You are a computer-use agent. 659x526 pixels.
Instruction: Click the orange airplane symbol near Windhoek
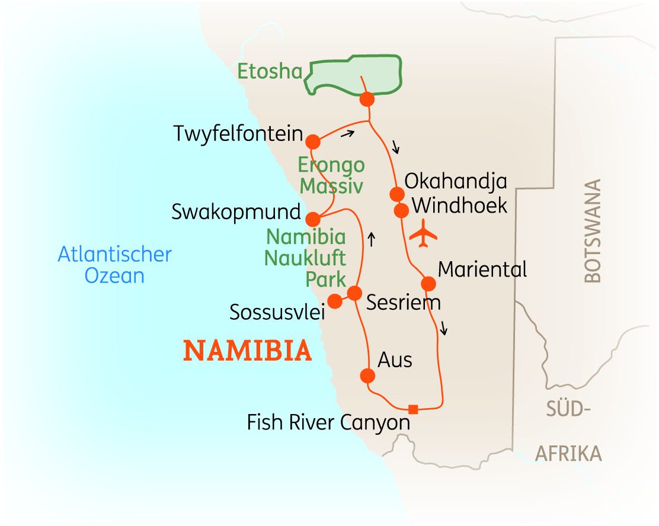click(423, 233)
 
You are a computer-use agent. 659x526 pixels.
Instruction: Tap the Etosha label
click(270, 72)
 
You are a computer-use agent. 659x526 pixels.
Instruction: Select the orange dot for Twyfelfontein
click(313, 142)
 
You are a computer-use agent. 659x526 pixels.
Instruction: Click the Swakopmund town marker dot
click(313, 219)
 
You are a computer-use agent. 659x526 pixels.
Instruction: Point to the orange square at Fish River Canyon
click(413, 409)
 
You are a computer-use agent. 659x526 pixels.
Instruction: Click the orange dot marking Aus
click(368, 376)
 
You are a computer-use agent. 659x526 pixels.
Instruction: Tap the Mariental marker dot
click(428, 284)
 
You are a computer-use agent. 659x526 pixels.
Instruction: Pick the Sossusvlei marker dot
click(335, 301)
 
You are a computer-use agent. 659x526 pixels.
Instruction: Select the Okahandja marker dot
click(396, 194)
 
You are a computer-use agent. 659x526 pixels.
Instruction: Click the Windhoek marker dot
click(401, 210)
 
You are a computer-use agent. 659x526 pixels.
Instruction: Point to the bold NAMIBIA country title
click(248, 351)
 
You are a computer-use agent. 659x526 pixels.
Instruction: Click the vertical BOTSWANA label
click(593, 230)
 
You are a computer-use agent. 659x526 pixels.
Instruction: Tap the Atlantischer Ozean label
click(115, 265)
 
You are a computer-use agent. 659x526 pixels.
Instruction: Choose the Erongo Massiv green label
click(331, 175)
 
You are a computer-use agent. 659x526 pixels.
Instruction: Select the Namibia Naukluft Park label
click(306, 258)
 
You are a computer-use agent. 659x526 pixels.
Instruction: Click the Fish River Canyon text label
click(329, 423)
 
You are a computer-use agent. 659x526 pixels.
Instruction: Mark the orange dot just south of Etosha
click(367, 100)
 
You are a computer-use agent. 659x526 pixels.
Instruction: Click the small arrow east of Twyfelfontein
click(347, 134)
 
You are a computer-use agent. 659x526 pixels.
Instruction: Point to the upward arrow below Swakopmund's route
click(371, 239)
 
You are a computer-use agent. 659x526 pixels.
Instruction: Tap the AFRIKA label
click(568, 454)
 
